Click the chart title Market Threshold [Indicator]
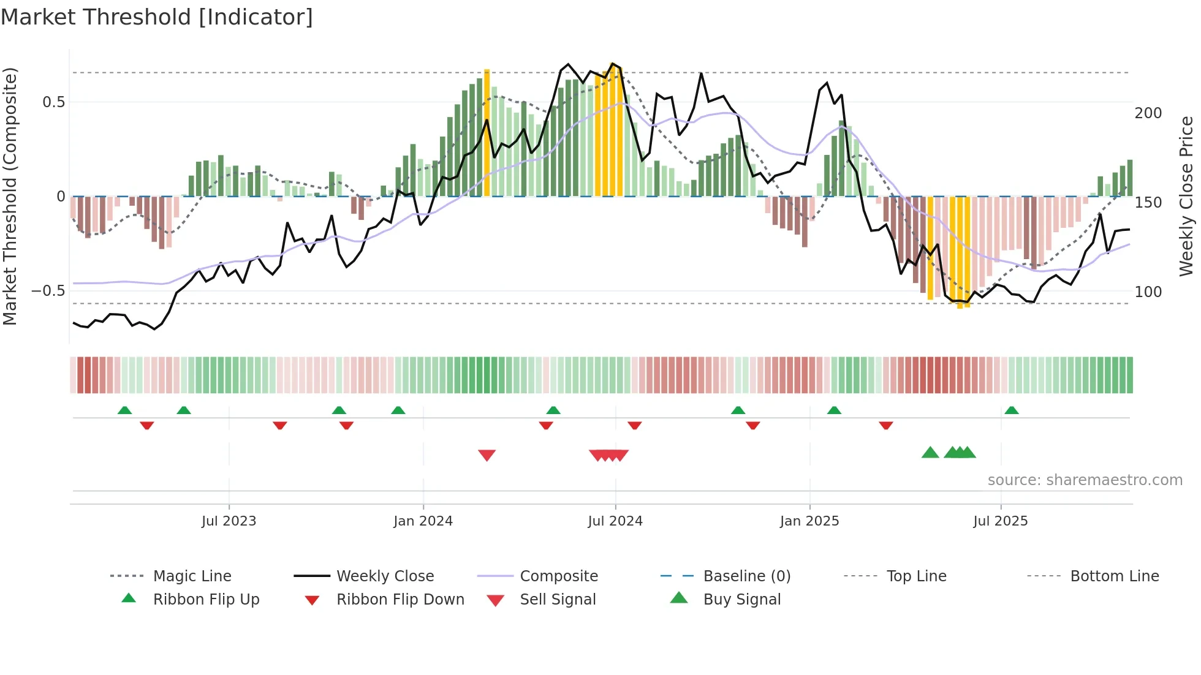[x=157, y=17]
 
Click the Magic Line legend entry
[x=192, y=576]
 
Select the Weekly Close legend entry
[x=385, y=576]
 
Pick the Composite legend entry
[x=558, y=576]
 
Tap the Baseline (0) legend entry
[x=746, y=576]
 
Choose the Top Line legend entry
[x=916, y=576]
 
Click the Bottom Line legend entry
[x=1114, y=576]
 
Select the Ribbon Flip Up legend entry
[x=206, y=600]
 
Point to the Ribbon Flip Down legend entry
[x=400, y=600]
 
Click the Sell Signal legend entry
[x=557, y=600]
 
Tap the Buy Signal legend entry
[x=741, y=600]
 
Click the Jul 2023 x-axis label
[x=229, y=521]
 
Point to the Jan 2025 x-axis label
[x=809, y=521]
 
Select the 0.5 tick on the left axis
[x=54, y=102]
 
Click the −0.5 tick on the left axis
[x=49, y=291]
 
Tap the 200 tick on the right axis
[x=1148, y=113]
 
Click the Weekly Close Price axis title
[x=1186, y=196]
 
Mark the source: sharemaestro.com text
[x=1085, y=480]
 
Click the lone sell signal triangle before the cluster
[x=487, y=455]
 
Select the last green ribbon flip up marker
[x=1011, y=410]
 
